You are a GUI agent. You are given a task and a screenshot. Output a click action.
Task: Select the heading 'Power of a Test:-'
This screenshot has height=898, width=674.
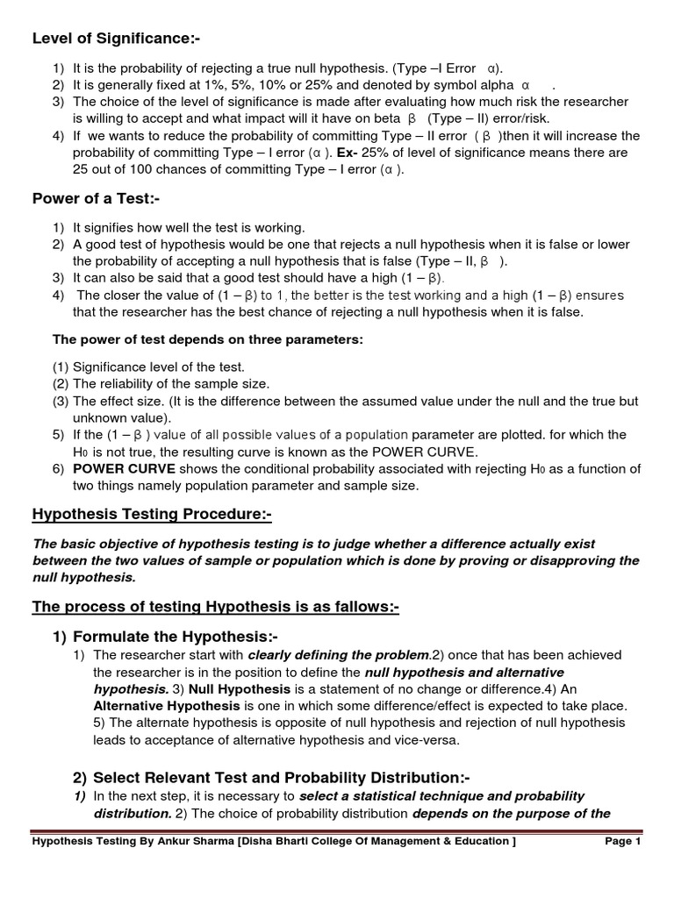coord(96,197)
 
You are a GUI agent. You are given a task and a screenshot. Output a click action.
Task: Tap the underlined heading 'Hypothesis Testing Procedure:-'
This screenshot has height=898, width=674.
coord(146,513)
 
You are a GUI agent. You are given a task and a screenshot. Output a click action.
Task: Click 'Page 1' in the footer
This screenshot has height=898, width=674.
coord(623,842)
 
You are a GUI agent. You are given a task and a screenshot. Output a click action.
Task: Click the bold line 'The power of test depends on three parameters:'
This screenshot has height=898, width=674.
coord(208,339)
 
